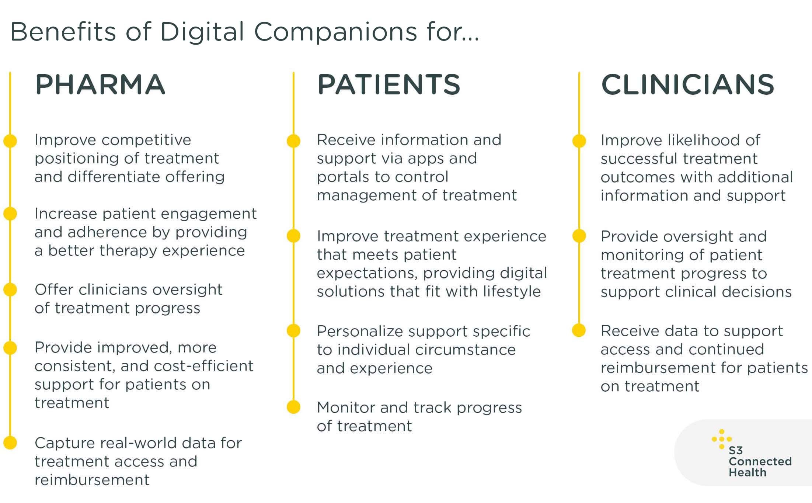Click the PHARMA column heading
pyautogui.click(x=100, y=84)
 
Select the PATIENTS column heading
pyautogui.click(x=389, y=84)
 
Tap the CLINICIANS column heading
pyautogui.click(x=688, y=84)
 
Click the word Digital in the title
pyautogui.click(x=202, y=32)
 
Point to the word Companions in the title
pyautogui.click(x=335, y=32)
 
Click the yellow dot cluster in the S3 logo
pyautogui.click(x=722, y=439)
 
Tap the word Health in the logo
pyautogui.click(x=747, y=472)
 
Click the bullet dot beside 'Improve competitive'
pyautogui.click(x=10, y=141)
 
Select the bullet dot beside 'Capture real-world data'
pyautogui.click(x=10, y=443)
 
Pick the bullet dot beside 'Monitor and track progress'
pyautogui.click(x=293, y=407)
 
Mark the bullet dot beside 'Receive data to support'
pyautogui.click(x=579, y=330)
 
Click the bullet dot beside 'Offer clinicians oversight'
pyautogui.click(x=10, y=289)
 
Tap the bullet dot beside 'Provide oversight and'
pyautogui.click(x=579, y=236)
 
